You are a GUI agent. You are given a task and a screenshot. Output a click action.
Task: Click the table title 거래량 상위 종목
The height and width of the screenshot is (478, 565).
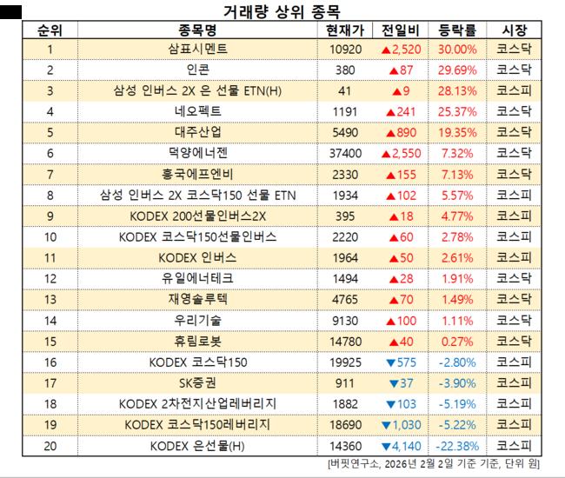(x=282, y=11)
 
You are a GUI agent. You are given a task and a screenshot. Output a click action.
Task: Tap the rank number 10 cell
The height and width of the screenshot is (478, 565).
(x=50, y=236)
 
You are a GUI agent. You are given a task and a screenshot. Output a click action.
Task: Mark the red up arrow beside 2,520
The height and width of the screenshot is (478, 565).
(x=387, y=50)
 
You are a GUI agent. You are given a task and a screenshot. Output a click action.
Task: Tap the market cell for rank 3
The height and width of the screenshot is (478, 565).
(x=514, y=90)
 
